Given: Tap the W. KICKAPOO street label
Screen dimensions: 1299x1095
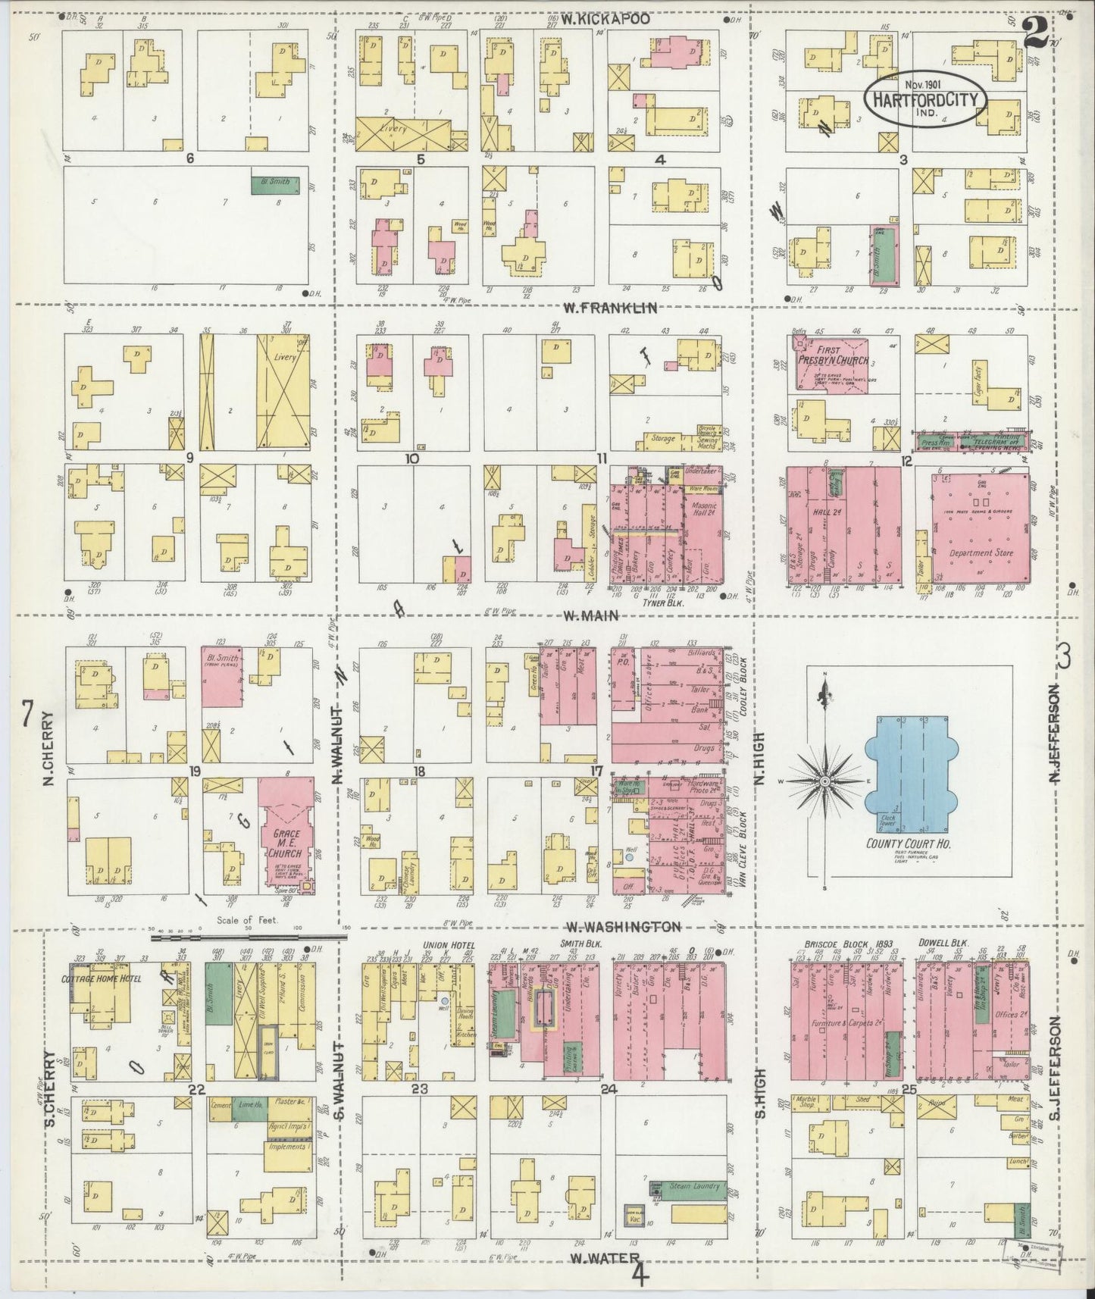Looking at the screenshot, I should point(605,20).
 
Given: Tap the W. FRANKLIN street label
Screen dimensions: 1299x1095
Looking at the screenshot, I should point(609,308).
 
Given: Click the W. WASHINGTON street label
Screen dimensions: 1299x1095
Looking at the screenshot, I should point(624,927).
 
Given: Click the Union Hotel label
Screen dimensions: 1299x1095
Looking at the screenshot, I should point(447,944).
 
